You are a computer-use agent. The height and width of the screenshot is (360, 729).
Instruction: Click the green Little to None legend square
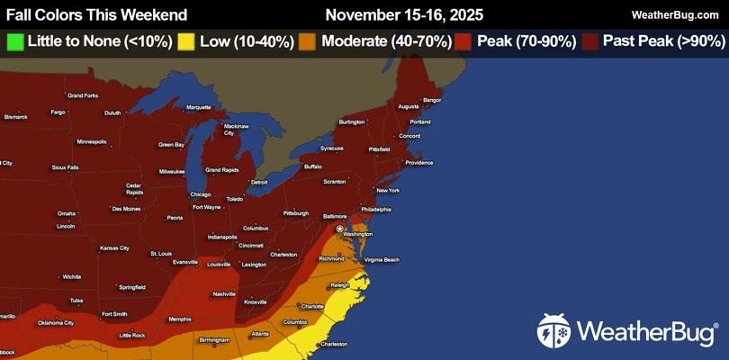(x=15, y=40)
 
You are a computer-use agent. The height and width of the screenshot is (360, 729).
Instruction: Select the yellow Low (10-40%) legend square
(x=186, y=40)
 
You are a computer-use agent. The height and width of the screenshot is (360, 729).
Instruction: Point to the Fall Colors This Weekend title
(x=97, y=14)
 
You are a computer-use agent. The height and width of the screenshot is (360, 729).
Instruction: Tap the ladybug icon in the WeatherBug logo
(x=553, y=332)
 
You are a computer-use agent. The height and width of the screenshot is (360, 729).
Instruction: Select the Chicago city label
(x=201, y=194)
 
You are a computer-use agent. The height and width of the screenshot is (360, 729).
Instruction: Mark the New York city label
(x=388, y=190)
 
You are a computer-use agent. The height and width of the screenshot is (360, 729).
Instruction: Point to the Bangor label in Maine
(x=432, y=99)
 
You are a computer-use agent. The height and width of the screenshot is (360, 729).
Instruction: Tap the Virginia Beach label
(x=380, y=259)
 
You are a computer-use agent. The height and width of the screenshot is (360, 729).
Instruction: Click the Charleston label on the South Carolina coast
(x=333, y=344)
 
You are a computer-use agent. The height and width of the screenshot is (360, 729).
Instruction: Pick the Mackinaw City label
(x=235, y=129)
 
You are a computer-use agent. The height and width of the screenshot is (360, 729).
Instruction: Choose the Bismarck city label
(x=16, y=116)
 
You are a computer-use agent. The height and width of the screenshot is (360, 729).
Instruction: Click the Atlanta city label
(x=260, y=333)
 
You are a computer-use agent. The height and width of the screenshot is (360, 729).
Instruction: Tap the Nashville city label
(x=224, y=294)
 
